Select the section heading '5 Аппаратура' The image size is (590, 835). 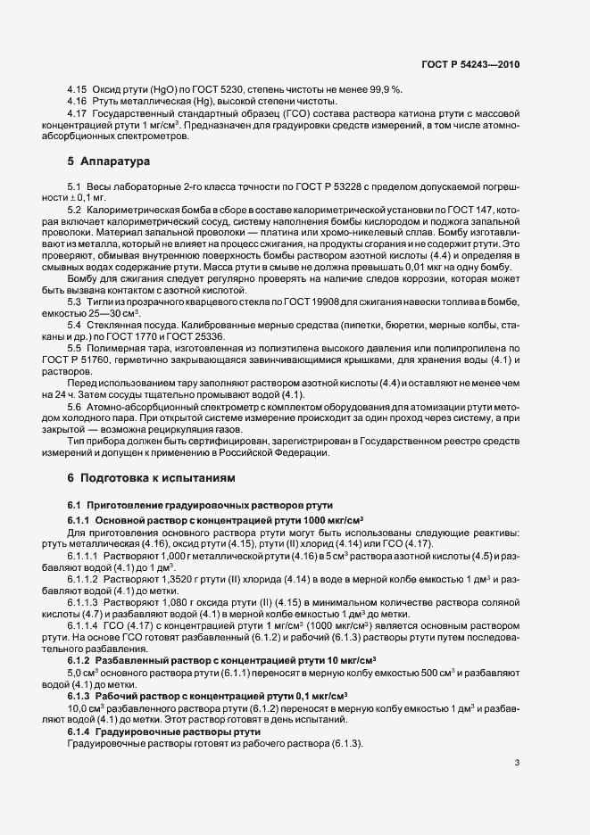(104, 162)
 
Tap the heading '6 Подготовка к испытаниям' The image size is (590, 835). (147, 478)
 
